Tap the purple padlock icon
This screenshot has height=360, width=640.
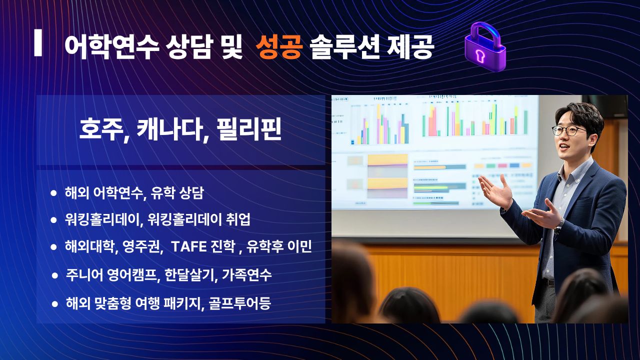click(485, 47)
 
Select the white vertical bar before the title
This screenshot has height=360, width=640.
click(38, 42)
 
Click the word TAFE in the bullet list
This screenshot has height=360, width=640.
click(189, 246)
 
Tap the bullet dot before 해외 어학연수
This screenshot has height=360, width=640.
click(53, 193)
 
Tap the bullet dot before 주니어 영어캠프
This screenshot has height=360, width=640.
click(55, 275)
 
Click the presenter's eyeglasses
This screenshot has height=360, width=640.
click(568, 130)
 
